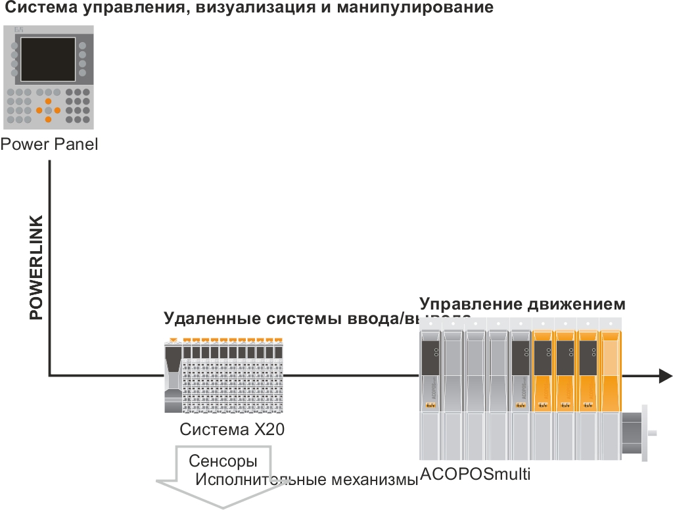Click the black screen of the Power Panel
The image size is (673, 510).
pos(48,59)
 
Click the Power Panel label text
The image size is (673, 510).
pos(49,144)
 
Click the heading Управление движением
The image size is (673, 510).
pos(522,304)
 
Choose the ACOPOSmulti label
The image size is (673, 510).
pos(475,474)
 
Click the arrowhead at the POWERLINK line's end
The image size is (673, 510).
pos(665,376)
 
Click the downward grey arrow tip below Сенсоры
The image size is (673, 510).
pos(223,504)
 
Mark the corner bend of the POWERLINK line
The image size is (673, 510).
pos(49,376)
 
